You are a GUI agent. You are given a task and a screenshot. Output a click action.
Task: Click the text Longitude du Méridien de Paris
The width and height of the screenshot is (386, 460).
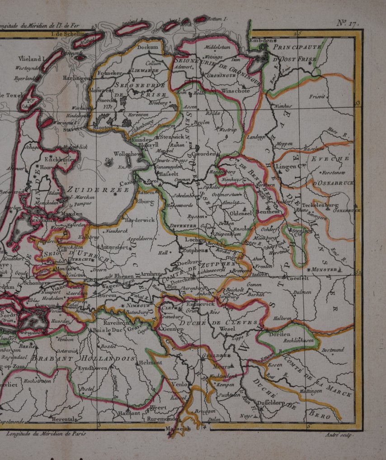tap(46, 433)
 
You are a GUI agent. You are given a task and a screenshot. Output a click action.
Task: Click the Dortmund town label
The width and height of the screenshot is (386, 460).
tap(333, 350)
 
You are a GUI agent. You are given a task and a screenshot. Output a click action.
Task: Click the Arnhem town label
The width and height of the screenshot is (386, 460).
tap(149, 274)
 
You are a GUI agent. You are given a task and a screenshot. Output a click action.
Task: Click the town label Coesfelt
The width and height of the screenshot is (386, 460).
tap(297, 278)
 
